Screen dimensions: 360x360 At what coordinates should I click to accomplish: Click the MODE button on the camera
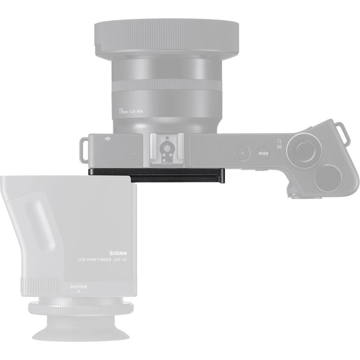(x=264, y=153)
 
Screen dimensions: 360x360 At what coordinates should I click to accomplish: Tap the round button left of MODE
(x=243, y=153)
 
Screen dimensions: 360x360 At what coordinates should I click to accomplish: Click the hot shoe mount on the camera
(x=166, y=148)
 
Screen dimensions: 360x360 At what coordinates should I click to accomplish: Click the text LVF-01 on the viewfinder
(x=123, y=260)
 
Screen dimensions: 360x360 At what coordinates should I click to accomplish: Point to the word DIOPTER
(x=79, y=287)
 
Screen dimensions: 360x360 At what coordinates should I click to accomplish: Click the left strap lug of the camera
(x=82, y=148)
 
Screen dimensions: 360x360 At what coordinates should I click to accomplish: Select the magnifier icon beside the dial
(x=279, y=141)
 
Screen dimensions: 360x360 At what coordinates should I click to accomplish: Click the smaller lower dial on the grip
(x=328, y=178)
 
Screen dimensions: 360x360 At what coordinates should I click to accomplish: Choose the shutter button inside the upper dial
(x=305, y=148)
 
